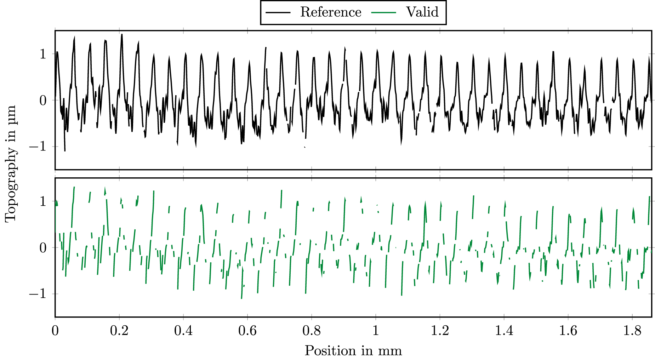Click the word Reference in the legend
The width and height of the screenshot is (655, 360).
tap(330, 12)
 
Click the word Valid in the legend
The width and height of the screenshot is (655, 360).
tap(422, 12)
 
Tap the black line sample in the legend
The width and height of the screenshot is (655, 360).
tap(278, 12)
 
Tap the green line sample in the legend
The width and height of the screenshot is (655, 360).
tap(383, 12)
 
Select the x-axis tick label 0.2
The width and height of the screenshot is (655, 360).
tap(119, 331)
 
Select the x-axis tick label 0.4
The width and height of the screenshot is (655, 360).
tap(183, 331)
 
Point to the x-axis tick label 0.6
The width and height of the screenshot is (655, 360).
tap(247, 331)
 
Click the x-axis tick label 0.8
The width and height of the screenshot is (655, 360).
tap(312, 331)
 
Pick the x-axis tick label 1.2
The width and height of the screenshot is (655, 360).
tap(440, 331)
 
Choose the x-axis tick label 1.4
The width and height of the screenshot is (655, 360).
tap(504, 331)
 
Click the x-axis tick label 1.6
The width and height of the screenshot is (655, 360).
tap(568, 331)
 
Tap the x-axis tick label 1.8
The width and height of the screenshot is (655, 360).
tap(632, 331)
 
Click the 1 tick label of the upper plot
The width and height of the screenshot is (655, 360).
tap(43, 54)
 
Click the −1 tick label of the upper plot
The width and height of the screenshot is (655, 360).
tap(38, 147)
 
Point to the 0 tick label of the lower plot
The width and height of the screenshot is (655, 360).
tap(43, 248)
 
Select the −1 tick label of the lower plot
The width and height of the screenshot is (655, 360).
tap(38, 294)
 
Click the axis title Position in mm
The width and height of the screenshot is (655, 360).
tap(353, 351)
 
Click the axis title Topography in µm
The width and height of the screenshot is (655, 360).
tap(11, 164)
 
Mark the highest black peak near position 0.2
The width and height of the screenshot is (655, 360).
tap(121, 35)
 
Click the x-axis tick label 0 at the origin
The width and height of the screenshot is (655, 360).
tap(55, 331)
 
